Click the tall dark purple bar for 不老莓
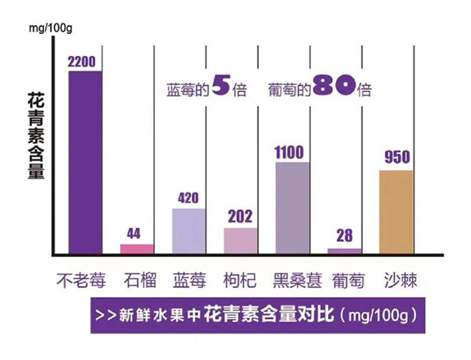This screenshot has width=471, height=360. coord(85,162)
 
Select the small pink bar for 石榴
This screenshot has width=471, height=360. coord(136,249)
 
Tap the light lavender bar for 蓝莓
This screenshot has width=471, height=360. coord(188,231)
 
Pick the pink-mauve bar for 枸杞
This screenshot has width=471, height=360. coord(240,241)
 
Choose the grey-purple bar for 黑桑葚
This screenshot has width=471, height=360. coord(292,208)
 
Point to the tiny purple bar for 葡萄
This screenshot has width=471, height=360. coord(344,251)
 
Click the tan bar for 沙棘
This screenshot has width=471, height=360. coord(396,212)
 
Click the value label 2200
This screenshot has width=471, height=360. coord(85,62)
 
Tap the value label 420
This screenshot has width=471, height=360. coord(188,199)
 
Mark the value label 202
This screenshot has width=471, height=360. coord(239,217)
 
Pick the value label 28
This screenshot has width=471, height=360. coord(344,237)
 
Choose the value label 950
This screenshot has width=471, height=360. coord(397,158)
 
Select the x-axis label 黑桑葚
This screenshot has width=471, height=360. coord(297,280)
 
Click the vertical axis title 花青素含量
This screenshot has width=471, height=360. coord(36,136)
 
